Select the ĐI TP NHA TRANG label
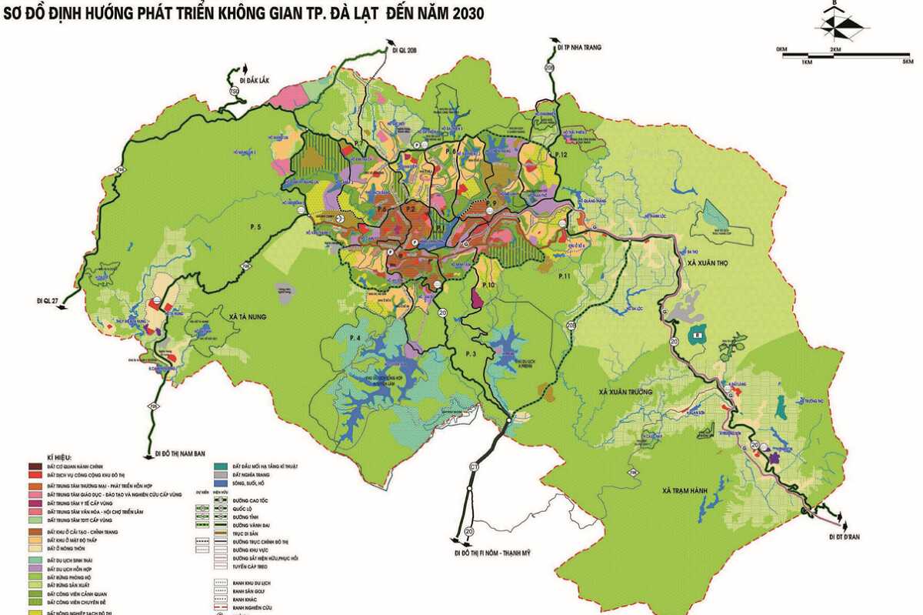click(578, 47)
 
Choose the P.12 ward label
click(559, 155)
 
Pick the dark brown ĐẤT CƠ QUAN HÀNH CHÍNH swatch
click(35, 467)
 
